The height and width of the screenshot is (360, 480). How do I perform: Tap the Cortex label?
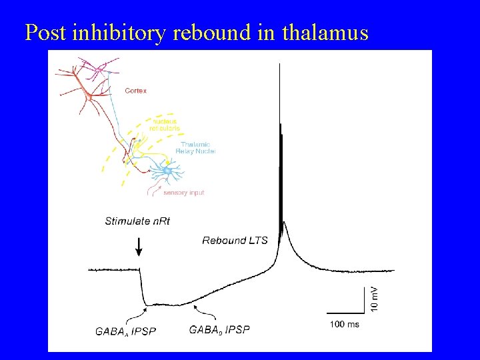click(136, 91)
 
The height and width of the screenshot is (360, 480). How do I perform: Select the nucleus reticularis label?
click(165, 125)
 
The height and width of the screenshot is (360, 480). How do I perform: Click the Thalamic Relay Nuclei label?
click(195, 148)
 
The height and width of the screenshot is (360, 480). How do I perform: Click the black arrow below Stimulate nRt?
click(139, 247)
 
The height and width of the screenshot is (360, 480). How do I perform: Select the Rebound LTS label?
click(235, 240)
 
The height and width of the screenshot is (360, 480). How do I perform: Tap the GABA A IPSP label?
click(125, 331)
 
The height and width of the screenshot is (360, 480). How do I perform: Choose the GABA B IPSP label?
click(219, 329)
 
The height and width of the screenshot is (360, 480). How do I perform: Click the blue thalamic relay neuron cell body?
click(167, 172)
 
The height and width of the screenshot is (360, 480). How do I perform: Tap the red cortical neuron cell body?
click(89, 97)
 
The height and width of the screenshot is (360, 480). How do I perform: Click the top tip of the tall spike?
click(279, 64)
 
